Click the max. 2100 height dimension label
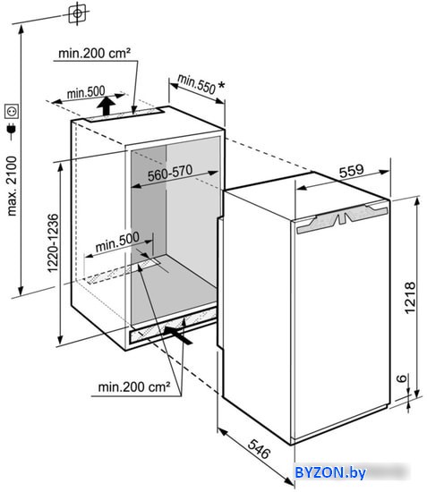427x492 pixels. tap(12, 186)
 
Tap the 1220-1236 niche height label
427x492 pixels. tap(53, 243)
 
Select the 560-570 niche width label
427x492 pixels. tap(170, 173)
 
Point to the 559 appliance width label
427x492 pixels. tap(351, 171)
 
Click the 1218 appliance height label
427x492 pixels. tap(410, 298)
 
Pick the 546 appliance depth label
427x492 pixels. tap(259, 449)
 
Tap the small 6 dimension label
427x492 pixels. tap(401, 378)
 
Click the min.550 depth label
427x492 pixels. tap(196, 84)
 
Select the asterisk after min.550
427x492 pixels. tap(221, 85)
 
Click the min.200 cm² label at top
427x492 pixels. tap(94, 53)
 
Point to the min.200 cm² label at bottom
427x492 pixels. tap(134, 386)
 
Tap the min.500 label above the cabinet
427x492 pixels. tap(86, 92)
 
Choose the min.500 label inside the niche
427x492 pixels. tap(117, 242)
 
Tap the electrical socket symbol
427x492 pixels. tap(12, 112)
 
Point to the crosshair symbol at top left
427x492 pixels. tap(77, 13)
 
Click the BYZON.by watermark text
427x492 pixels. tap(330, 472)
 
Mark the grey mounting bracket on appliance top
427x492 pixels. tap(342, 217)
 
